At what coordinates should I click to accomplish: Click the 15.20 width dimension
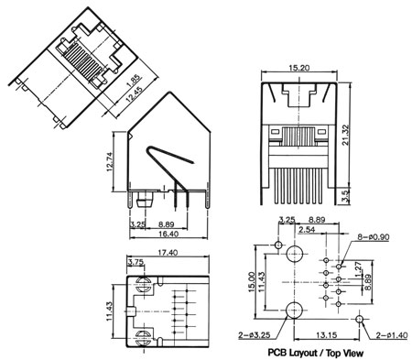click(x=298, y=68)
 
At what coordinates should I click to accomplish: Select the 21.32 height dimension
click(x=345, y=136)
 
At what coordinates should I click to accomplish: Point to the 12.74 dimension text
click(x=110, y=161)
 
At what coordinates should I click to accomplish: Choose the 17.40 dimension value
click(x=168, y=253)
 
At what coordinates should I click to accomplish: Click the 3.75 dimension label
click(x=136, y=262)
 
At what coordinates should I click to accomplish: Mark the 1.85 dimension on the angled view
click(x=135, y=81)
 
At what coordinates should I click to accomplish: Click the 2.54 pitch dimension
click(x=307, y=229)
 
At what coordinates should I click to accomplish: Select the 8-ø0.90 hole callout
click(x=374, y=237)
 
